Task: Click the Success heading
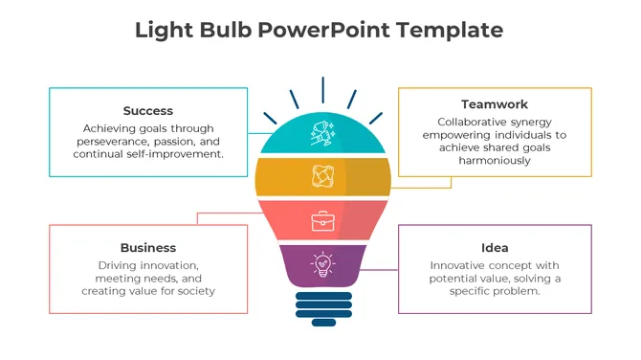click(x=148, y=111)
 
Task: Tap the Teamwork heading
click(x=495, y=104)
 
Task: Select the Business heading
click(x=148, y=248)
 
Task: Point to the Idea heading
click(x=495, y=248)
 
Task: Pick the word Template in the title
click(x=448, y=30)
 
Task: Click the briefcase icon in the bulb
click(x=322, y=221)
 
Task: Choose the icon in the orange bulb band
click(x=322, y=177)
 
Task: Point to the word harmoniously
click(x=495, y=162)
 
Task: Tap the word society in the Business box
click(x=195, y=291)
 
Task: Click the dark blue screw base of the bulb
click(x=322, y=308)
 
